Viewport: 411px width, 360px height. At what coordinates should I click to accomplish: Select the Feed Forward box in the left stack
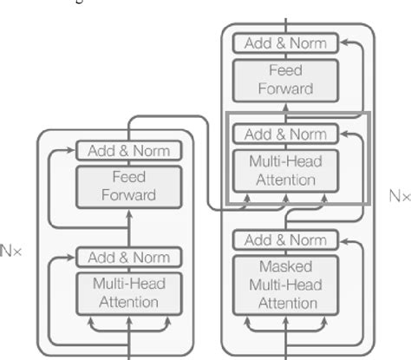tap(127, 185)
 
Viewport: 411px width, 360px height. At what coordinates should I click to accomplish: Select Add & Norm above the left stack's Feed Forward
tap(127, 151)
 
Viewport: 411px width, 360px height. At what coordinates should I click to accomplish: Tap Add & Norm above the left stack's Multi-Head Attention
tap(127, 257)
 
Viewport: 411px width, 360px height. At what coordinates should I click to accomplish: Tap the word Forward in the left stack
tap(127, 194)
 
